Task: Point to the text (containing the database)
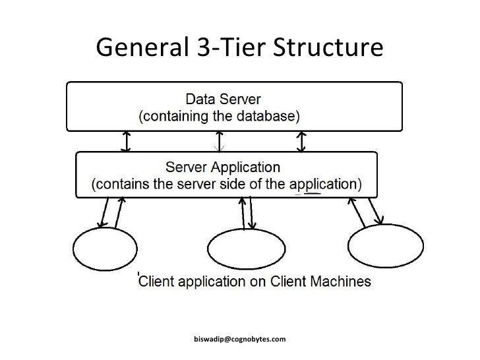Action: click(x=219, y=117)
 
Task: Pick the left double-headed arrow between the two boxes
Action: click(x=126, y=140)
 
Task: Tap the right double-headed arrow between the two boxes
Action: click(x=301, y=140)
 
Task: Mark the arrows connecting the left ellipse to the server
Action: click(x=111, y=212)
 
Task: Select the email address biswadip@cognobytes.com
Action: click(x=239, y=339)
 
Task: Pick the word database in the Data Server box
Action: click(x=270, y=117)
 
